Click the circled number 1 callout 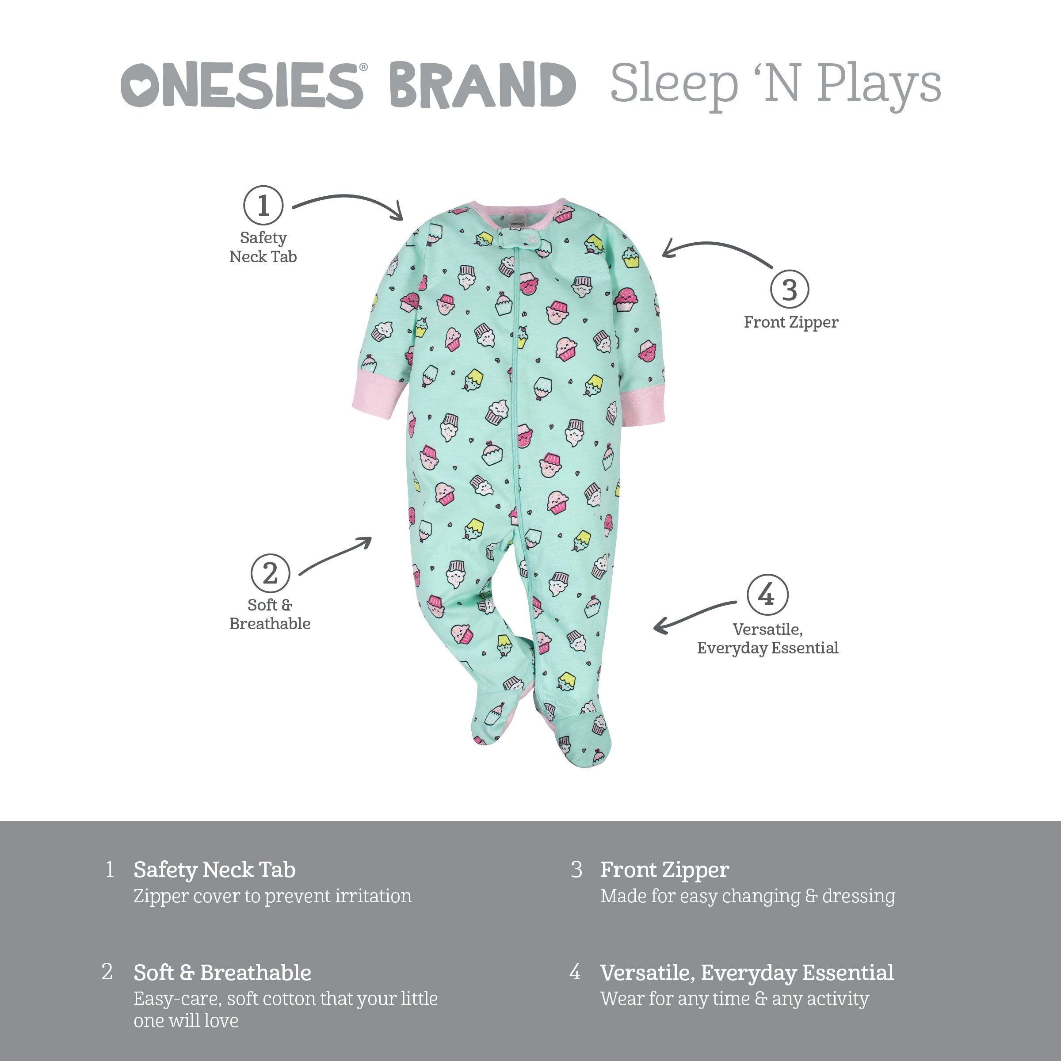263,206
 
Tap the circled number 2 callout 270,573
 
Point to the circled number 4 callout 767,595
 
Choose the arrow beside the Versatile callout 693,616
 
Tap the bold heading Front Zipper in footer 664,870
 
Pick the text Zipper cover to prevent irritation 272,896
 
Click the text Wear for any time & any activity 734,998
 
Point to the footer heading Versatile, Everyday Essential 746,973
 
